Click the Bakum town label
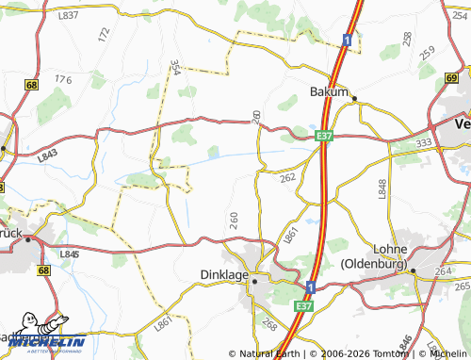point(329,92)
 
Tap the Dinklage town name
point(224,275)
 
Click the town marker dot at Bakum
point(354,98)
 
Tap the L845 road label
point(68,254)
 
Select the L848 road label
point(382,188)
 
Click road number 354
point(175,69)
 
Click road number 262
point(287,176)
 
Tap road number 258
point(407,39)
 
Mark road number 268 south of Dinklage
point(268,324)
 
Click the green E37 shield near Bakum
point(325,136)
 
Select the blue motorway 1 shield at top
point(348,40)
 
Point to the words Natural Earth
point(270,354)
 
